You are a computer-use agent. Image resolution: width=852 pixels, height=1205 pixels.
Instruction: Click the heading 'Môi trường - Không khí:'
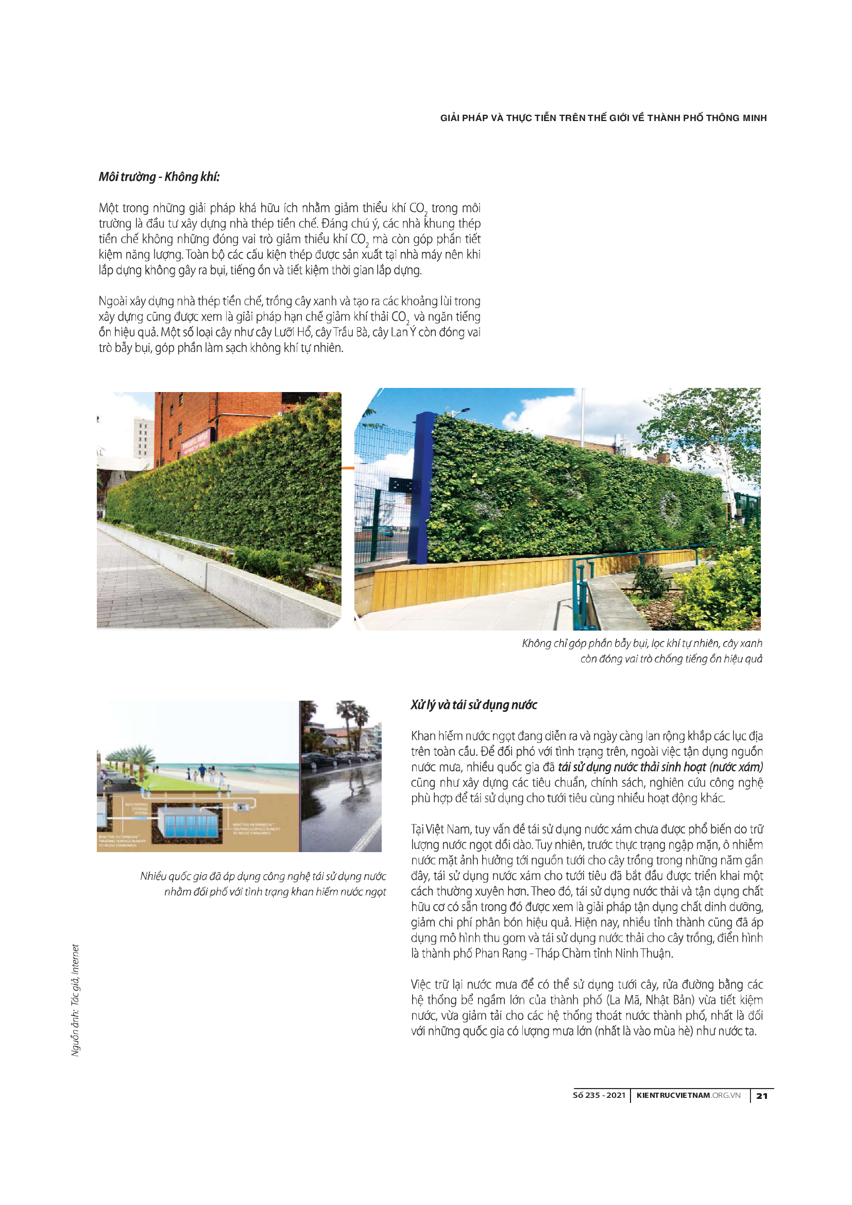pos(159,177)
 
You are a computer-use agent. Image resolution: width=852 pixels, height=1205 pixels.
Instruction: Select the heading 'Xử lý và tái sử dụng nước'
pos(474,705)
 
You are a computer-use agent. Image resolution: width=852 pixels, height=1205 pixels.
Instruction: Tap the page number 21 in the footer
pos(762,1095)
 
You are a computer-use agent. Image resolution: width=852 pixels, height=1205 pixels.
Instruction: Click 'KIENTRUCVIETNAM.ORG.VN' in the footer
pos(688,1095)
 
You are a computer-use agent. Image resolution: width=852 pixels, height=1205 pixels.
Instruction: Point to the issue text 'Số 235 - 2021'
pos(599,1095)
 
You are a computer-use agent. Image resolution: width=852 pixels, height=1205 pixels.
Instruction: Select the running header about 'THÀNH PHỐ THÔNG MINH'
pos(603,118)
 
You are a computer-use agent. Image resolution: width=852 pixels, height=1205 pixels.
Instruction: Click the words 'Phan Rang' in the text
pos(501,953)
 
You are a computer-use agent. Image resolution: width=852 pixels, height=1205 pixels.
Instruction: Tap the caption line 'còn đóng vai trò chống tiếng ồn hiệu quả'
pos(671,659)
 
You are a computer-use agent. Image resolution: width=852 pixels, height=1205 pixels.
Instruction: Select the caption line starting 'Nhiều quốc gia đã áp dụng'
pos(263,876)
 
